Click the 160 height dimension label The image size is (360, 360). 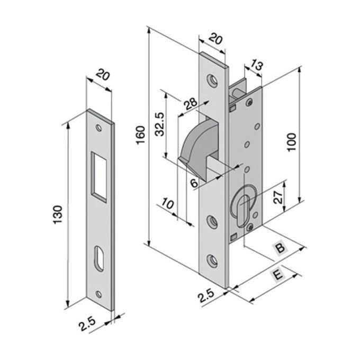click(x=140, y=138)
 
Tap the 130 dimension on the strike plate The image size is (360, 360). click(x=59, y=213)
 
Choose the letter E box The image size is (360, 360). click(x=277, y=274)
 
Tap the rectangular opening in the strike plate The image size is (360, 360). click(x=99, y=175)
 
